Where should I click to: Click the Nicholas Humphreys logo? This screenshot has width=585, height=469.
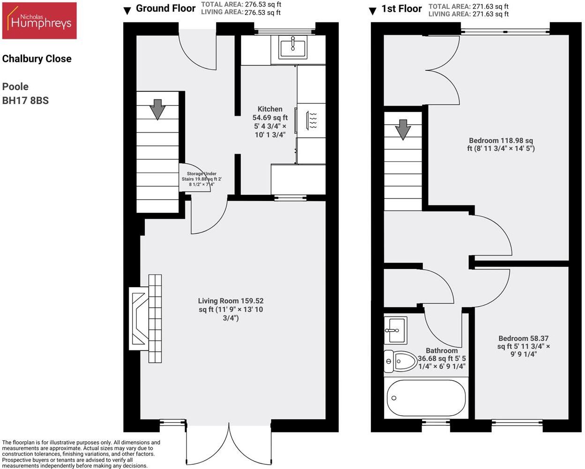click(x=39, y=21)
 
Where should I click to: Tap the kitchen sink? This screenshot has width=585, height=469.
click(x=293, y=46)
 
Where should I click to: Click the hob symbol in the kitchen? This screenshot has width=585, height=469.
click(x=312, y=120)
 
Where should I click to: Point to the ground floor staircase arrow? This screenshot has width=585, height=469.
click(x=157, y=109)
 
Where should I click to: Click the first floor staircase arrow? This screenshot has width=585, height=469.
click(x=402, y=129)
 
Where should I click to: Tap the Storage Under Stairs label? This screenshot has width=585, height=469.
click(x=201, y=179)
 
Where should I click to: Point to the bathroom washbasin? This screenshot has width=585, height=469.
click(x=395, y=329)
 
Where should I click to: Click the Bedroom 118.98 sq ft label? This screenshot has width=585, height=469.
click(x=501, y=144)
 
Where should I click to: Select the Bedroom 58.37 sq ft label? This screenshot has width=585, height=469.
click(x=523, y=346)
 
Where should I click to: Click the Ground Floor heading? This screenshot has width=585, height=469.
click(x=165, y=8)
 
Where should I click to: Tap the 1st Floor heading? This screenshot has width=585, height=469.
click(x=401, y=9)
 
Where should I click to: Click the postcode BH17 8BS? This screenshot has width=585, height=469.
click(x=25, y=100)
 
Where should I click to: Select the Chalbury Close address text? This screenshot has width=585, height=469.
click(x=37, y=59)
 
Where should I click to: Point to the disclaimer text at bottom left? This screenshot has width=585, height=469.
click(x=81, y=454)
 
